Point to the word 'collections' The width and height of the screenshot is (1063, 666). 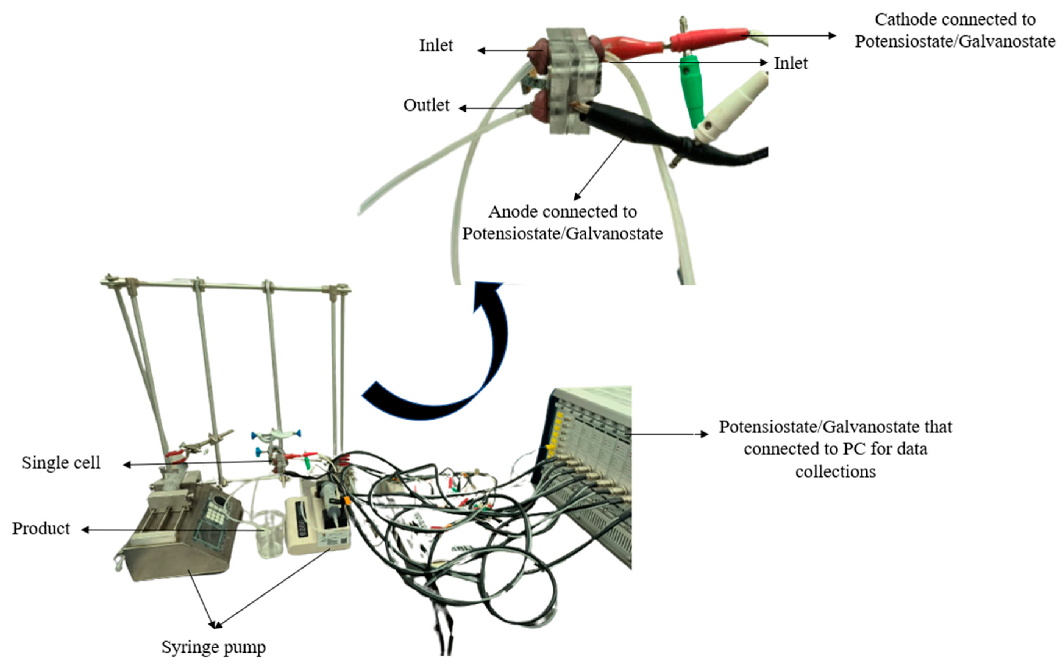pyautogui.click(x=835, y=472)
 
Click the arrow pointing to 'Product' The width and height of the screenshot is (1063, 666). pyautogui.click(x=172, y=530)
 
